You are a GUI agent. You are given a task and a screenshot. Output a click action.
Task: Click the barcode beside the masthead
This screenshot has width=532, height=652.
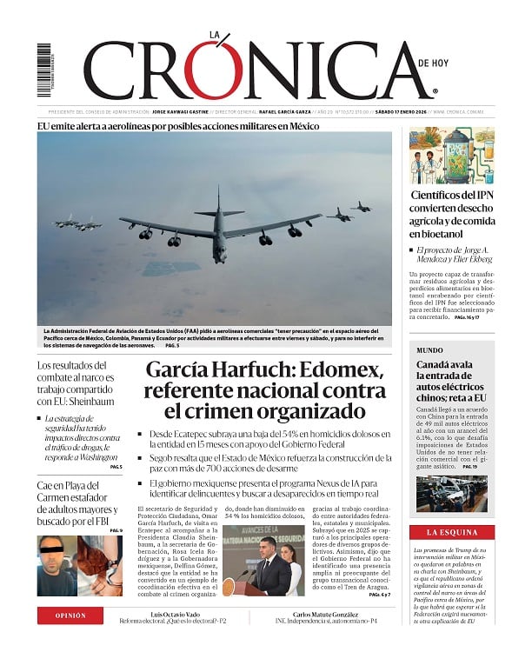(43, 70)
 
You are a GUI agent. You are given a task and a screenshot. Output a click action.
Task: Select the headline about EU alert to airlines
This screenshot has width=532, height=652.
(178, 125)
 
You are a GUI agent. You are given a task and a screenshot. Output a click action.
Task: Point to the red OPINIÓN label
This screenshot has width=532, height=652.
(71, 615)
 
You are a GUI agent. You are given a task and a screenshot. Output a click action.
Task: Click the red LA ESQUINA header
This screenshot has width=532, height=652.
(451, 531)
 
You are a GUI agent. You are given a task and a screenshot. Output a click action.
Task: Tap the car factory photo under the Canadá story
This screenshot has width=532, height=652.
(451, 493)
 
